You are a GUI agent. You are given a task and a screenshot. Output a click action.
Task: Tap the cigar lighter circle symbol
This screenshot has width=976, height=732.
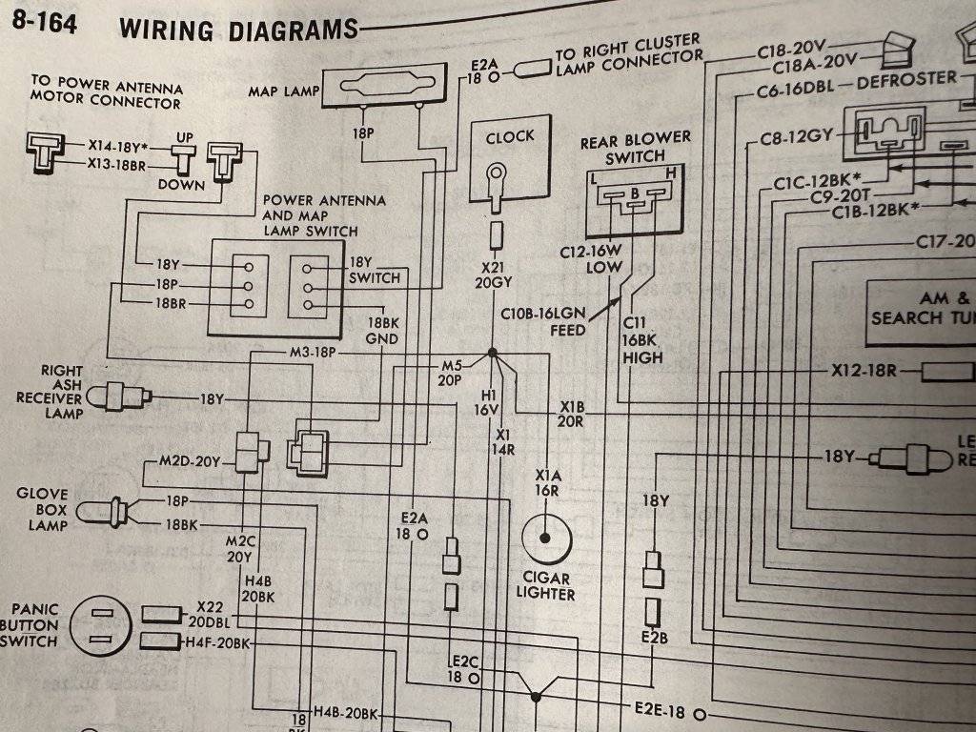click(x=545, y=538)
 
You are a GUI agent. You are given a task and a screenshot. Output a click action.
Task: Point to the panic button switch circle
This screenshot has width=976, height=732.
click(x=103, y=626)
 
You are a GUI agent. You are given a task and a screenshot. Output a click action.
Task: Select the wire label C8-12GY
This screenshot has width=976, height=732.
click(x=797, y=140)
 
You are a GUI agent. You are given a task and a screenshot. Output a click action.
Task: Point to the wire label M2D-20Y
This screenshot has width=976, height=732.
click(x=190, y=462)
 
